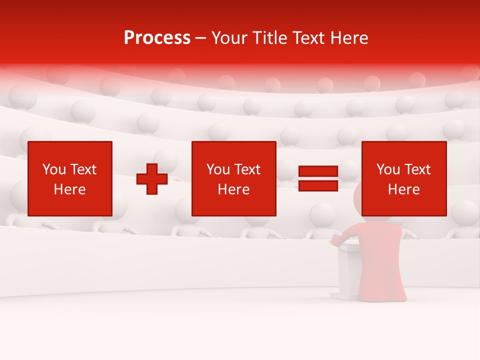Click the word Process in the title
click(x=157, y=38)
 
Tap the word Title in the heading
click(x=268, y=38)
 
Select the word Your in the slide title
click(x=230, y=38)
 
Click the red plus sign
click(x=152, y=179)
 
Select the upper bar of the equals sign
click(x=318, y=171)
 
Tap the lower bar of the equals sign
click(x=318, y=185)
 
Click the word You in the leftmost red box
click(x=54, y=169)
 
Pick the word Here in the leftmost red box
click(x=69, y=189)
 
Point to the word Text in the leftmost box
click(x=83, y=169)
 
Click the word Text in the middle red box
click(x=247, y=169)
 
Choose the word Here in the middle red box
click(x=233, y=189)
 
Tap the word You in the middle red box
click(x=218, y=169)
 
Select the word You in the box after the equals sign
click(x=388, y=169)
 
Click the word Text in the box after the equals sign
click(x=417, y=169)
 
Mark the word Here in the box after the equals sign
click(x=403, y=189)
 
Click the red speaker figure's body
click(x=379, y=260)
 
